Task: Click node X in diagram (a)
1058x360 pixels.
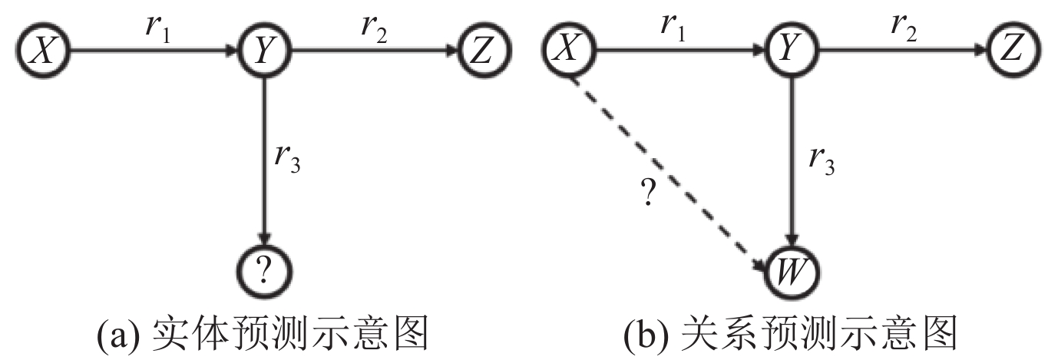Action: tap(44, 51)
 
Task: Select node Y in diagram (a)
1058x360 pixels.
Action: tap(265, 51)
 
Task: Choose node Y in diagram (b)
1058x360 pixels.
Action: tap(793, 51)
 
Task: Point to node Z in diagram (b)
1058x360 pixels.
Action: tap(1014, 51)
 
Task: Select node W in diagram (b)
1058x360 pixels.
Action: tap(793, 269)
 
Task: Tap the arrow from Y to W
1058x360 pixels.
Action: tap(793, 154)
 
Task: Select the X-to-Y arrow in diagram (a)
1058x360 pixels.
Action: tap(154, 51)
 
